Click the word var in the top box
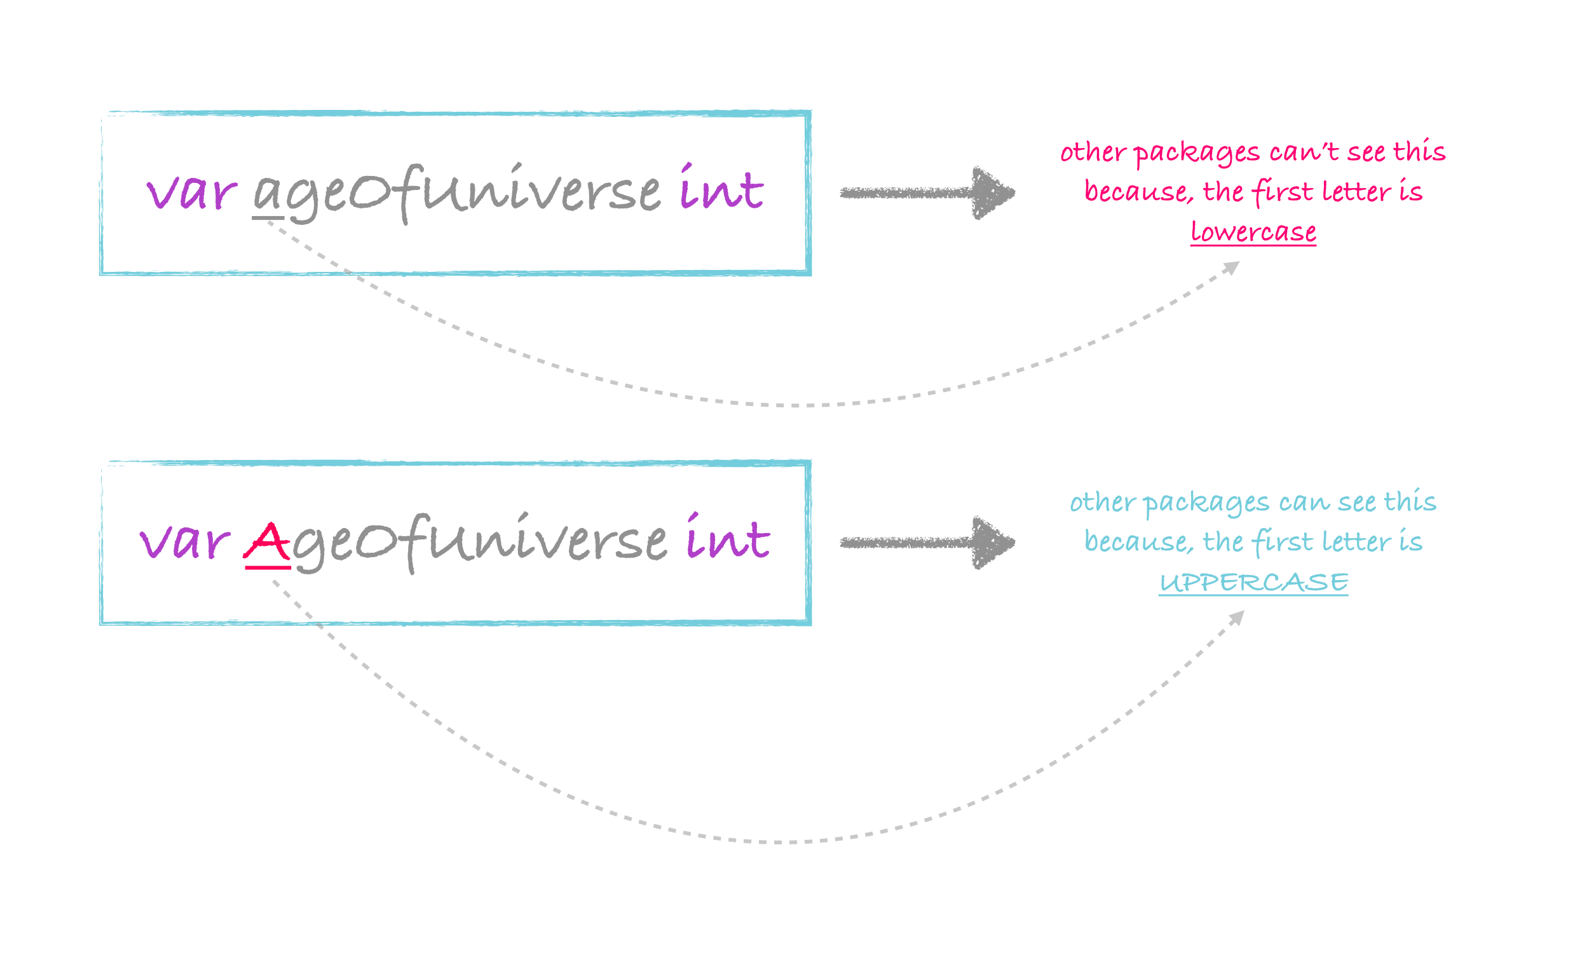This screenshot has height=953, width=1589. click(191, 192)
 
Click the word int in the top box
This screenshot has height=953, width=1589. click(721, 187)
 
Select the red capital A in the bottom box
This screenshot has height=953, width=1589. click(266, 543)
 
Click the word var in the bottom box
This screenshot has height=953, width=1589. click(185, 542)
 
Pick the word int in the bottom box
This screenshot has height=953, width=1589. click(728, 537)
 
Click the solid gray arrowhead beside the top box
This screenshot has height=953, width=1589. click(992, 193)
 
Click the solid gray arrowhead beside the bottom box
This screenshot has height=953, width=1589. click(992, 543)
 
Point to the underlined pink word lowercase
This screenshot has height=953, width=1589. click(1253, 232)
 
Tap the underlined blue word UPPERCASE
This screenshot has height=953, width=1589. click(1253, 583)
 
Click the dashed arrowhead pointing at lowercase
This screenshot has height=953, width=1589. click(1232, 267)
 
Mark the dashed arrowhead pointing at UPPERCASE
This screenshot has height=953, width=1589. click(1237, 618)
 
